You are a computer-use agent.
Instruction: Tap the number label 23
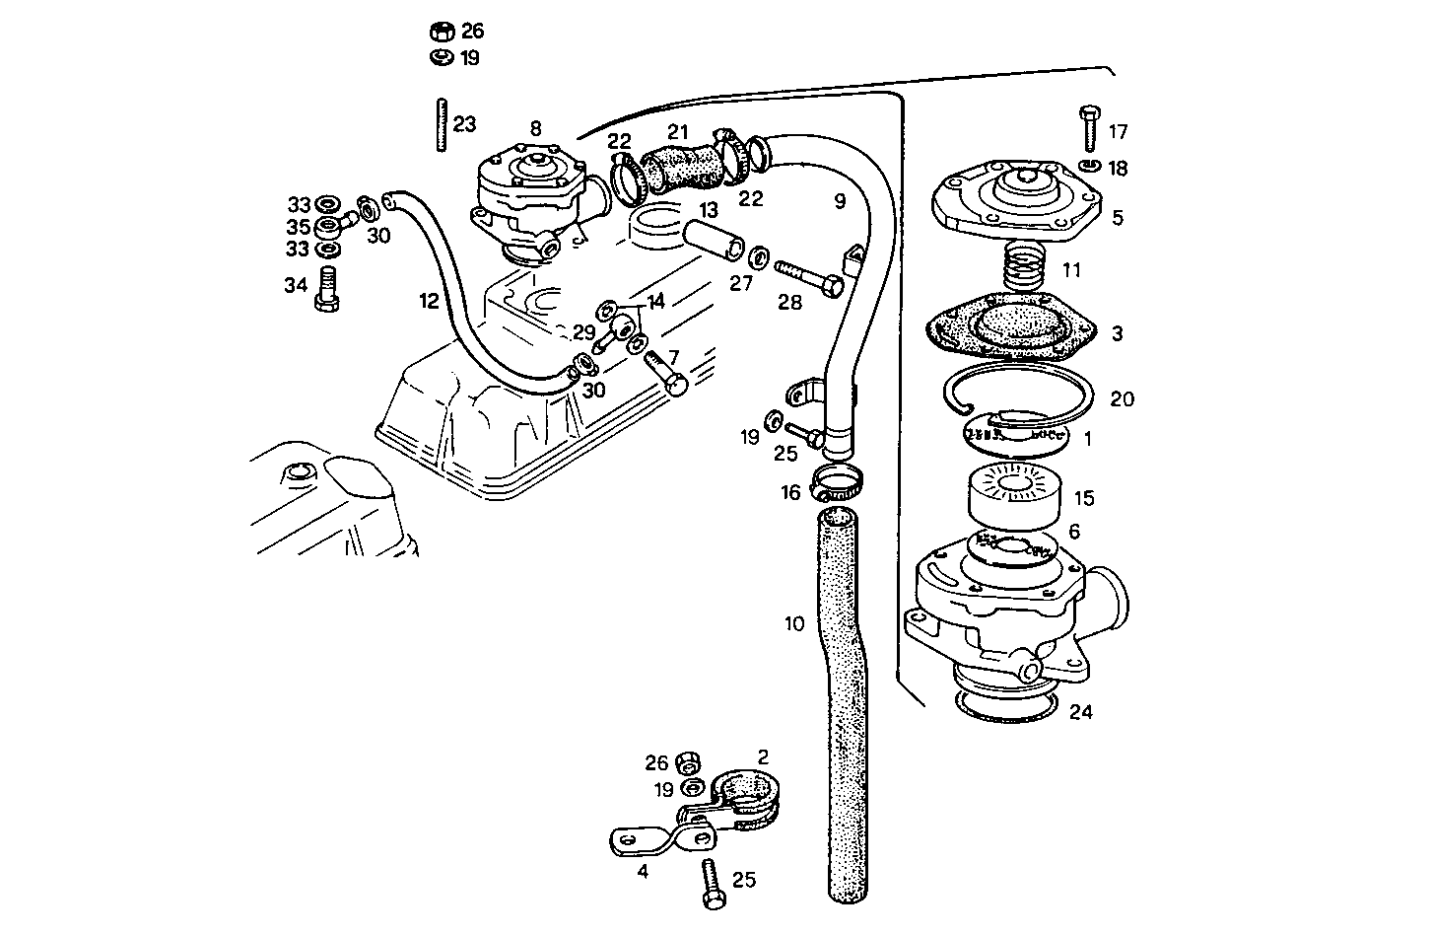464,124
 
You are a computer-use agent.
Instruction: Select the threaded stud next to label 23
441,124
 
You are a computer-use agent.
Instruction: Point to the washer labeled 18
1088,165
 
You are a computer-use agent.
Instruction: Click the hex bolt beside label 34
327,290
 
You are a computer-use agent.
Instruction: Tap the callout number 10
795,623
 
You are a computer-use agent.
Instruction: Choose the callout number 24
1080,711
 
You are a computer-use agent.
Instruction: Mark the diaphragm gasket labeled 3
1012,331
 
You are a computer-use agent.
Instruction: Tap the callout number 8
535,127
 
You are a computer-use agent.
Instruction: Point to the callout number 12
428,301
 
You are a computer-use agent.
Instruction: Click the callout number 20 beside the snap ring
1122,399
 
